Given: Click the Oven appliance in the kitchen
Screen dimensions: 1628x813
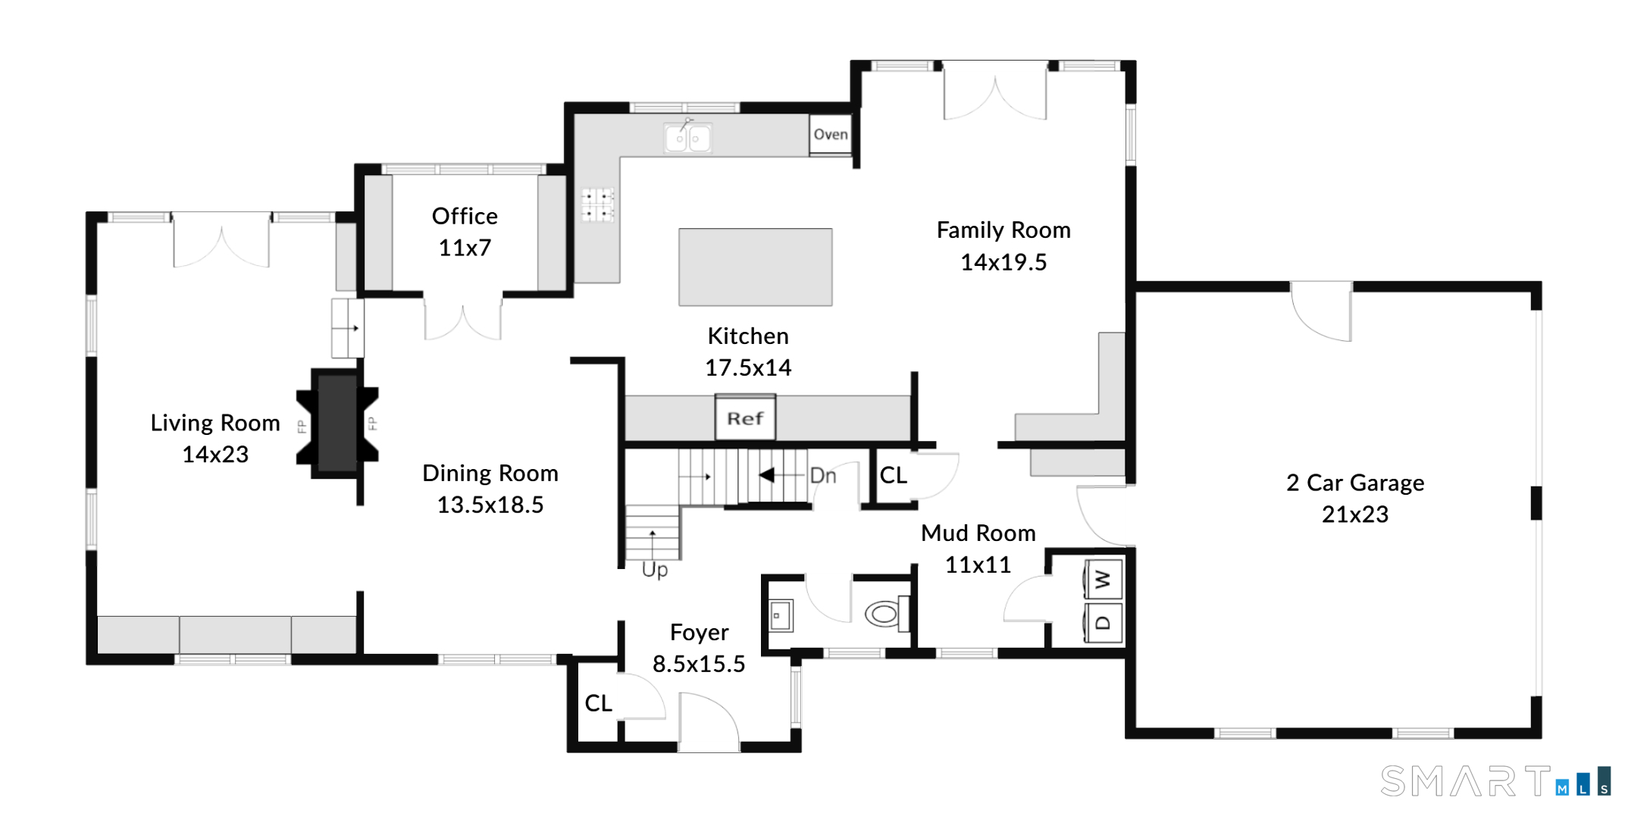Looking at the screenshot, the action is (x=831, y=135).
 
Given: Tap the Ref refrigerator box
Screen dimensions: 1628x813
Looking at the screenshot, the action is (x=745, y=417).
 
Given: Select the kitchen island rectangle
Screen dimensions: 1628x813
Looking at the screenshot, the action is (x=755, y=267).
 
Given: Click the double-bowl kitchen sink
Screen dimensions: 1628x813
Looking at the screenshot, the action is (x=687, y=138).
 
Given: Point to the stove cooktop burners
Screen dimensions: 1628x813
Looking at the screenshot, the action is (x=597, y=205).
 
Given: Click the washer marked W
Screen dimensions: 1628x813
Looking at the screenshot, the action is (x=1103, y=580).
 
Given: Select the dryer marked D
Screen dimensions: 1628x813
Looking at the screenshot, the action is (x=1103, y=623).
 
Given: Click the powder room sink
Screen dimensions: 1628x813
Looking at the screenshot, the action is (x=781, y=616).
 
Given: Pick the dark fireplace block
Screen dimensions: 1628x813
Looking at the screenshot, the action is (x=337, y=424).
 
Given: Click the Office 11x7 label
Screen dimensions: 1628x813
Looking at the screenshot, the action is (x=465, y=232).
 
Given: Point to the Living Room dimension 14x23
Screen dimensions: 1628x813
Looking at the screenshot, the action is (x=215, y=455).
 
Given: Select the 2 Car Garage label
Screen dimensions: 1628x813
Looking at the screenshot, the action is (x=1355, y=483).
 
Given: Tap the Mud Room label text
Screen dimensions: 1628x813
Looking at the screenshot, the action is (x=978, y=533).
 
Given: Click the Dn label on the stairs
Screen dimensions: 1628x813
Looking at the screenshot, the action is (x=823, y=476).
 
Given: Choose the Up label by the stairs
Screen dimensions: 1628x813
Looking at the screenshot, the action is (x=655, y=570).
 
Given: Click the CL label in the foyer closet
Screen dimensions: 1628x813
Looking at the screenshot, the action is (x=598, y=703).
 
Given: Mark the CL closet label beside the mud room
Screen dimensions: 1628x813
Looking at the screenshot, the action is (x=893, y=475).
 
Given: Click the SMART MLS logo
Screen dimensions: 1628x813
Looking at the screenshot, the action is (x=1495, y=781).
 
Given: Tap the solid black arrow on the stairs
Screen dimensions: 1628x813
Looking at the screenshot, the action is (x=767, y=475).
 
